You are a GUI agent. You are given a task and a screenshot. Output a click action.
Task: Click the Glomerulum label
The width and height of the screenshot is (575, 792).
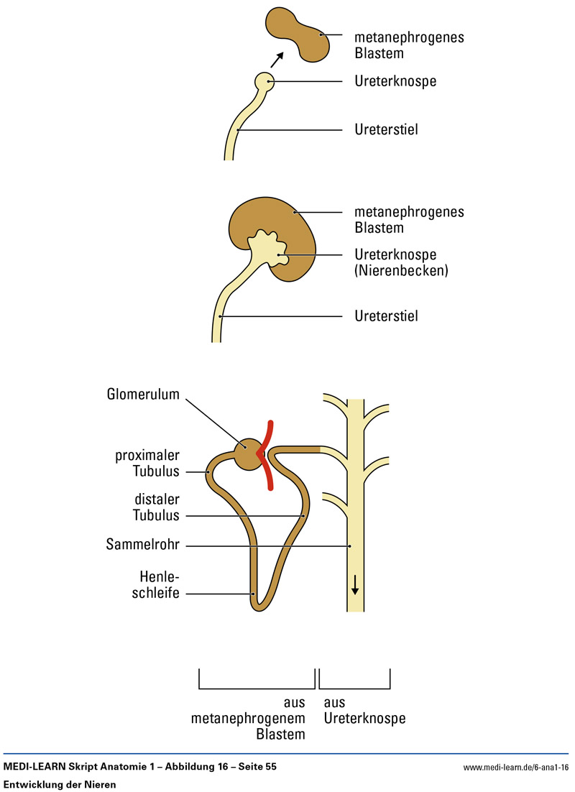click(143, 394)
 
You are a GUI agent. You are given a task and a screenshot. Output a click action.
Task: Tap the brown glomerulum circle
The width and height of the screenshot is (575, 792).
click(247, 454)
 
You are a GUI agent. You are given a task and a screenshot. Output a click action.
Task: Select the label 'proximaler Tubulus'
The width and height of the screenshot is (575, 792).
click(148, 464)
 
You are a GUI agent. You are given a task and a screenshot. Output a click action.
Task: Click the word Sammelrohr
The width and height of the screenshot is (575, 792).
click(142, 546)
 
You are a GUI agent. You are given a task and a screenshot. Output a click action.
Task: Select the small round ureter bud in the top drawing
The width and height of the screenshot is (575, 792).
click(264, 81)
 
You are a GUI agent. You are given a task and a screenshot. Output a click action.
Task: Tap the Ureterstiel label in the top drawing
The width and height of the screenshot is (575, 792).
click(386, 130)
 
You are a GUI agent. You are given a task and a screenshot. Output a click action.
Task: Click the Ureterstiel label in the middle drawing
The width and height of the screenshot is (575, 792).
click(386, 316)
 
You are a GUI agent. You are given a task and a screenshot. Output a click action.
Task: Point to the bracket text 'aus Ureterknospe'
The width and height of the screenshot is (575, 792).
click(364, 710)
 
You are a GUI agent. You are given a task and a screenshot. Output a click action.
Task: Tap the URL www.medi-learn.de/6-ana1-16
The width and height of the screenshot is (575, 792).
click(516, 768)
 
